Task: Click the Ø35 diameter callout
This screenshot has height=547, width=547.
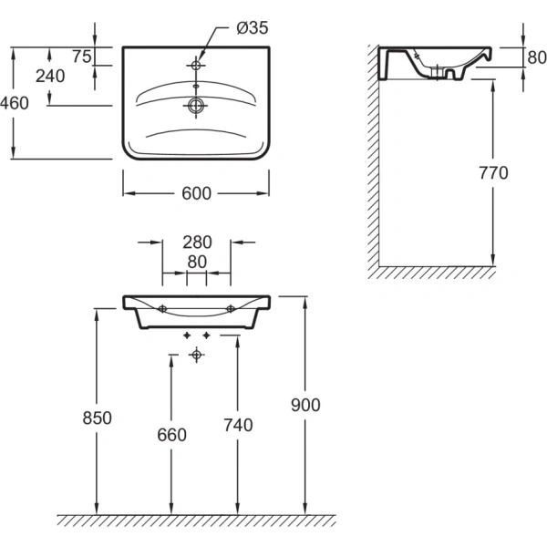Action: click(x=252, y=28)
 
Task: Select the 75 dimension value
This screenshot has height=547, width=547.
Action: click(x=81, y=57)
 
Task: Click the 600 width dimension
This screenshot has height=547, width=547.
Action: click(x=196, y=193)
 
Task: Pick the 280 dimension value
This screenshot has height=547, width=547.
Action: click(x=196, y=243)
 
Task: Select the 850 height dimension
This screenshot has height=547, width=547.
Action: click(x=96, y=418)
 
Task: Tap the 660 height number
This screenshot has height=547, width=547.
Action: click(x=170, y=435)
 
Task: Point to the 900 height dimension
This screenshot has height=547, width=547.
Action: click(x=304, y=405)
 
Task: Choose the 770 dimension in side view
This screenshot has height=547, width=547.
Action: click(x=492, y=172)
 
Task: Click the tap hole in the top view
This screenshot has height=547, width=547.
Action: click(x=195, y=66)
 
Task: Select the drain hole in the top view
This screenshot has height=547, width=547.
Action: click(x=195, y=106)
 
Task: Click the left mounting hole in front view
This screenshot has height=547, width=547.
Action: click(x=162, y=307)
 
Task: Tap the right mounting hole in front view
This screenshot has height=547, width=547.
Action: click(x=230, y=307)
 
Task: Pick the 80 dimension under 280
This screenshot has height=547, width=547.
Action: click(x=196, y=262)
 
